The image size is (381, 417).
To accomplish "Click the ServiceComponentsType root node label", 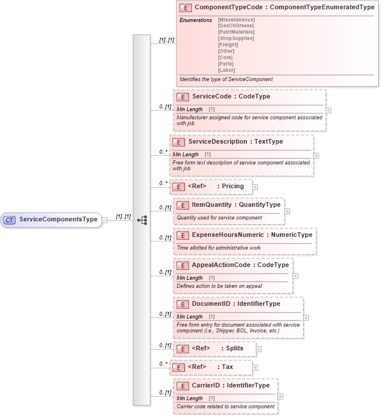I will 58,220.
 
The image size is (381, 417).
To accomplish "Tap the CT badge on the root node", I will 10,220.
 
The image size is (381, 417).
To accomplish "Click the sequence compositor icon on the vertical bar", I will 142,220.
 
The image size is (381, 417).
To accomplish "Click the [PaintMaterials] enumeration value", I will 236,32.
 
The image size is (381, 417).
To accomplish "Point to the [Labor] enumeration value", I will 227,70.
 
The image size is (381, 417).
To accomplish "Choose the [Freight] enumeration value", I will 229,45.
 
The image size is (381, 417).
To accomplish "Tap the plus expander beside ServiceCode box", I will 328,110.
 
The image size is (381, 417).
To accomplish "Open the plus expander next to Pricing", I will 255,187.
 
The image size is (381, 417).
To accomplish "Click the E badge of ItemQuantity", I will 183,205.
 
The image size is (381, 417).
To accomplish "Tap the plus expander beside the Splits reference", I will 259,349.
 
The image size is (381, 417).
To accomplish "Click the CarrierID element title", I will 230,385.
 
